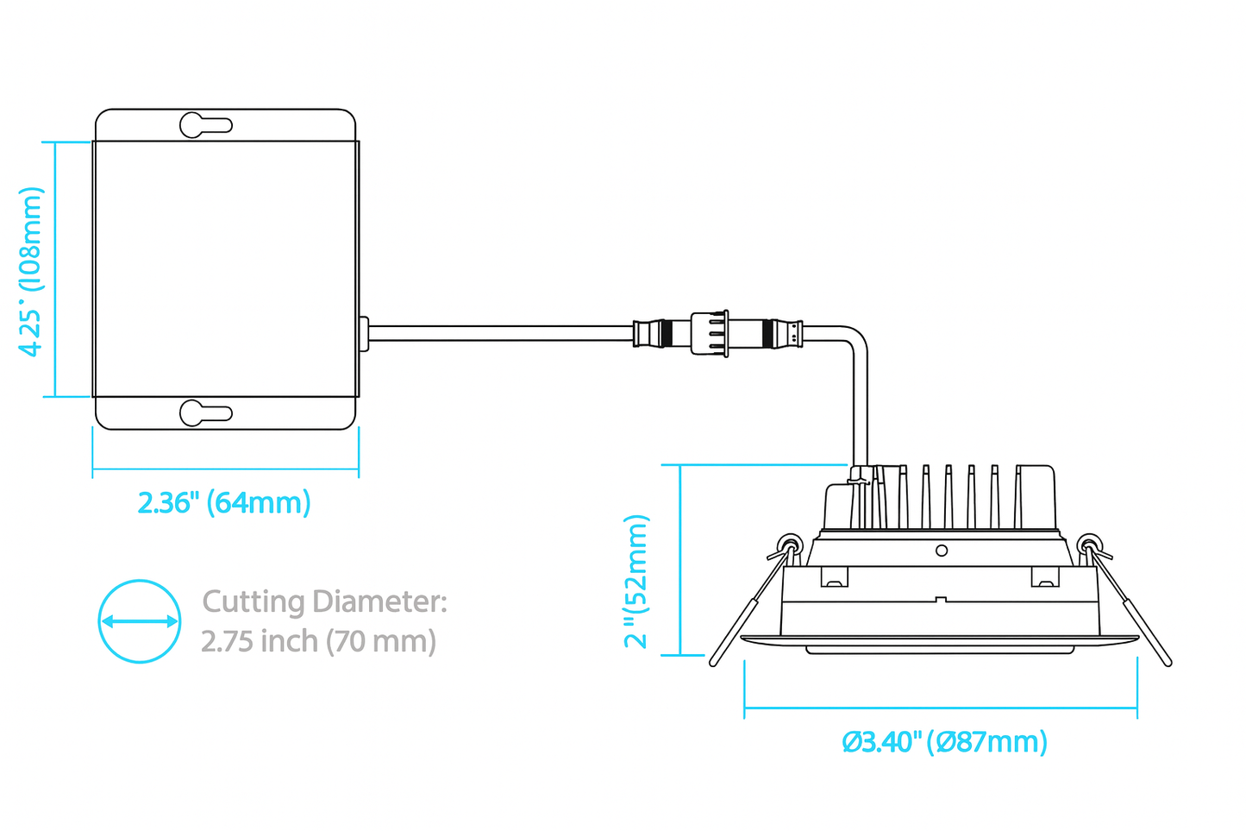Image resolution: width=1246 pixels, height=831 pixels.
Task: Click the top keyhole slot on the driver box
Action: click(205, 125)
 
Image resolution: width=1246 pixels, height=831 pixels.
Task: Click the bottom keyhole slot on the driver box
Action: click(205, 413)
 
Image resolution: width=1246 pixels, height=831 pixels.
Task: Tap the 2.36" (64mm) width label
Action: click(224, 502)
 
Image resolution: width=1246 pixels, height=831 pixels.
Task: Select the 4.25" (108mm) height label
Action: click(31, 271)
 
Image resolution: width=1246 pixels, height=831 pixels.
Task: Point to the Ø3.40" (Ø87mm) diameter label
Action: click(944, 741)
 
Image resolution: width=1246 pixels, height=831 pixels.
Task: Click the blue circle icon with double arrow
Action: click(140, 621)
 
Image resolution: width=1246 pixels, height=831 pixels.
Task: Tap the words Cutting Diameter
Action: click(324, 601)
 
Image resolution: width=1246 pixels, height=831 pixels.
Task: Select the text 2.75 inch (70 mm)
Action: click(318, 641)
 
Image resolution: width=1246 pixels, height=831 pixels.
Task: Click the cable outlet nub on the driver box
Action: click(364, 334)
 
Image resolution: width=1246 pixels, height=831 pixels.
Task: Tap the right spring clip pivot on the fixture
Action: click(1089, 545)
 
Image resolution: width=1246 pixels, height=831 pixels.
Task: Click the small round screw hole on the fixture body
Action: click(942, 551)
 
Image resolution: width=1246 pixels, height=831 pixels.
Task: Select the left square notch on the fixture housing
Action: click(833, 576)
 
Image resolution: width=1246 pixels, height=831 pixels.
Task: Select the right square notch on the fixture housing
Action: click(1043, 576)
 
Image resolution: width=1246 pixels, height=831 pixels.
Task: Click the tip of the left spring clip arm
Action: click(715, 661)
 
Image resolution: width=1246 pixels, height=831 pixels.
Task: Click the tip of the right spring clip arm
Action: click(1167, 661)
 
